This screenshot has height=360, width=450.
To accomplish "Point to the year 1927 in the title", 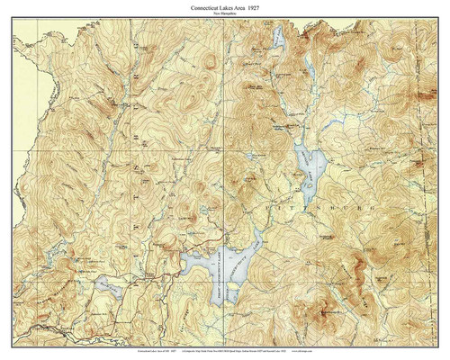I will pyautogui.click(x=265, y=7).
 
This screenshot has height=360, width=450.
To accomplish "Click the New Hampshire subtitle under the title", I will pyautogui.click(x=225, y=14).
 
